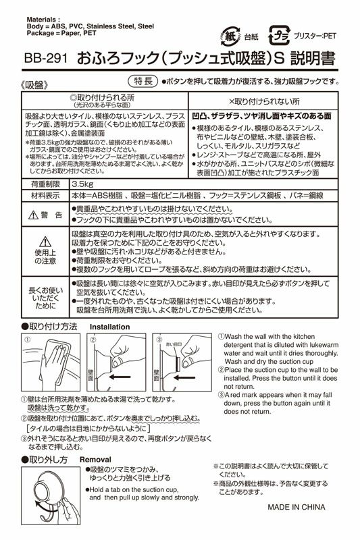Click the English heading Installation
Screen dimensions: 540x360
[x=109, y=326]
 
